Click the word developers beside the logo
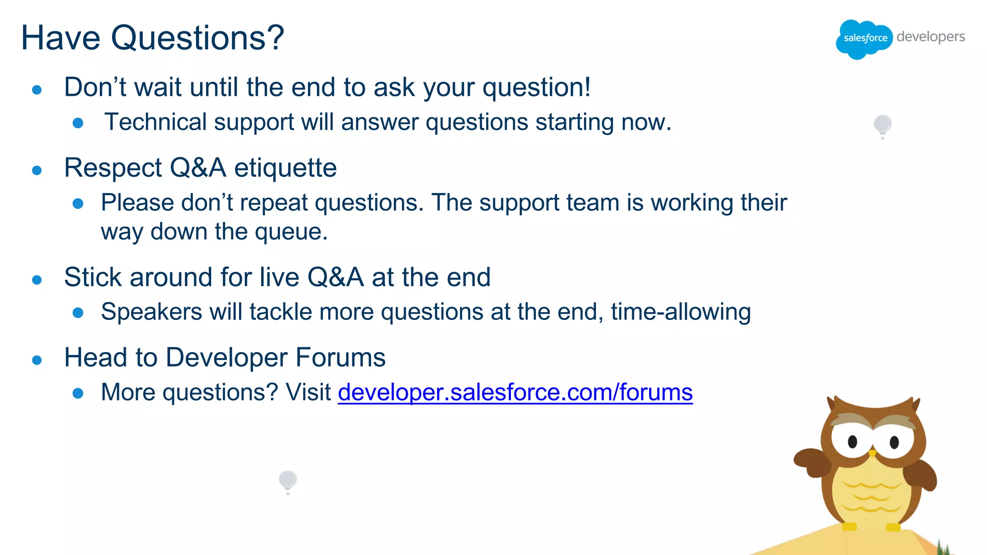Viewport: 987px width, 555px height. coord(930,37)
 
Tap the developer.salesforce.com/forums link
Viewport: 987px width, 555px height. coord(515,392)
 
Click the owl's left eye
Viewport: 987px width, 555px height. coord(852,441)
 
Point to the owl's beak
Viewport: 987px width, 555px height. coord(872,453)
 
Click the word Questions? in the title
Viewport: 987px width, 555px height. coord(198,38)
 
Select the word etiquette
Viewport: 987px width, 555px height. coord(285,168)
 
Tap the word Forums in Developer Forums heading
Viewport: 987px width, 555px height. coord(340,358)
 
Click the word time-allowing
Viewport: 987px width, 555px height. coord(680,312)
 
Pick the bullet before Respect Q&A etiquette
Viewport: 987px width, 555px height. coord(37,170)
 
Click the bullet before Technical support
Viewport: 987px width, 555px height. coord(78,123)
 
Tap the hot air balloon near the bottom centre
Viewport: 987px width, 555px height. coord(288,480)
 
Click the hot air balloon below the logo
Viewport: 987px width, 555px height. coord(882,125)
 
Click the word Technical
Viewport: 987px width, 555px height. coord(156,122)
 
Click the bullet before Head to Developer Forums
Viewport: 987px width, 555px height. coord(37,360)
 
